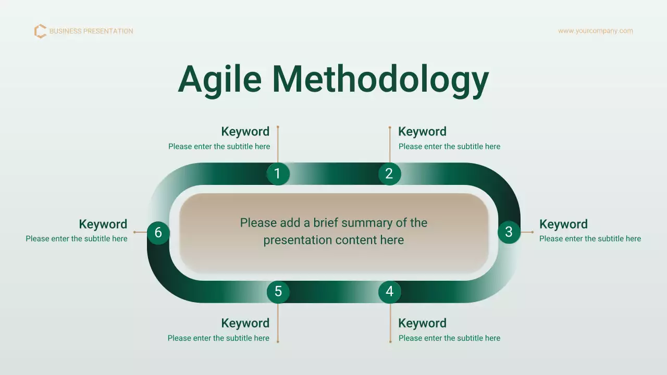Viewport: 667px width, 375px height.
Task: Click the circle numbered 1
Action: (278, 173)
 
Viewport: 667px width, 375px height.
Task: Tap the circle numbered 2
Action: (389, 173)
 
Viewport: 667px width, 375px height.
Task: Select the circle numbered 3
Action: (509, 232)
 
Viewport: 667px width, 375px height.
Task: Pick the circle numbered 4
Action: (389, 292)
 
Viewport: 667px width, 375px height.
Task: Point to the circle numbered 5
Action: (278, 292)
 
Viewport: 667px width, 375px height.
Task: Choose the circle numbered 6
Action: (158, 233)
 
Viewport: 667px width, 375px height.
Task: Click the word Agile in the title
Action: (219, 79)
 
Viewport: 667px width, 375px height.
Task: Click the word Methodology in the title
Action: (380, 79)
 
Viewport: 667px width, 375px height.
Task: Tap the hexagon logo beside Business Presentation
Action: (40, 31)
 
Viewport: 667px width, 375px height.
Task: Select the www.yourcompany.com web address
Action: (595, 31)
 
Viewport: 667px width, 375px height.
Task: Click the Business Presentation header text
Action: (91, 31)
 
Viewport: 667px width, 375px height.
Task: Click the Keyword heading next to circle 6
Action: (103, 224)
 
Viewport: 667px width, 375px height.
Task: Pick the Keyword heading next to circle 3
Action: (563, 224)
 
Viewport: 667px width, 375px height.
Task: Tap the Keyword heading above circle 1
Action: (245, 131)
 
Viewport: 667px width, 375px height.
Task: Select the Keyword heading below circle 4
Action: (422, 323)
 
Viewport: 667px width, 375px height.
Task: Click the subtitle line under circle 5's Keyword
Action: (218, 338)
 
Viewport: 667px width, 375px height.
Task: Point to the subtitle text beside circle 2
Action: (449, 146)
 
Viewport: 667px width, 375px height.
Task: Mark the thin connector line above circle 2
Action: (390, 145)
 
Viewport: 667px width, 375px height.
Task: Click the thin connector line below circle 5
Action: (278, 323)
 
